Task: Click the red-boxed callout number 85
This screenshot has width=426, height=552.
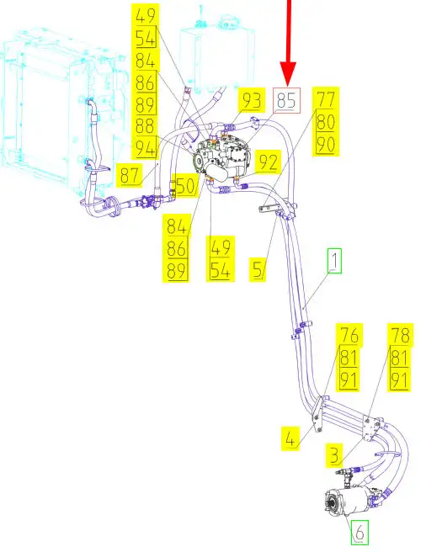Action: pos(287,100)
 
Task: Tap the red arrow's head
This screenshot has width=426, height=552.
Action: pos(288,73)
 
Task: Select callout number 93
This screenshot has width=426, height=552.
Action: pos(252,100)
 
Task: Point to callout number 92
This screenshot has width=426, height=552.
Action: pos(268,162)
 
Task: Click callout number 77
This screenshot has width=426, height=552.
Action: pos(326,99)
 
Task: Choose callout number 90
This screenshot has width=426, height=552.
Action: pos(326,144)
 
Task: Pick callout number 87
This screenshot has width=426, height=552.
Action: pos(130,175)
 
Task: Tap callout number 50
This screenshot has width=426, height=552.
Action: pos(185,185)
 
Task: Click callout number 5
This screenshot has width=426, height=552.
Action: pos(258,269)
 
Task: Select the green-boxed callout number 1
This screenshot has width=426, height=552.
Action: pos(335,261)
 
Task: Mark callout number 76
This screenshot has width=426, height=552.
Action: pos(349,335)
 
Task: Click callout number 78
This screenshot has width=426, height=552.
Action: pos(400,335)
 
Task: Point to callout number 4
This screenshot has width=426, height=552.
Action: pos(290,438)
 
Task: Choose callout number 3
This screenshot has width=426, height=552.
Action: pos(334,455)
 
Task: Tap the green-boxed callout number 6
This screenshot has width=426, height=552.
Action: pos(359,532)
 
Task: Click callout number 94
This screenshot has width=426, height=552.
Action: pos(146,148)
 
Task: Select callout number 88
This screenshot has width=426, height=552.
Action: pos(146,126)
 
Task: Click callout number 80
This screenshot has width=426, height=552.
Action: pos(326,121)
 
